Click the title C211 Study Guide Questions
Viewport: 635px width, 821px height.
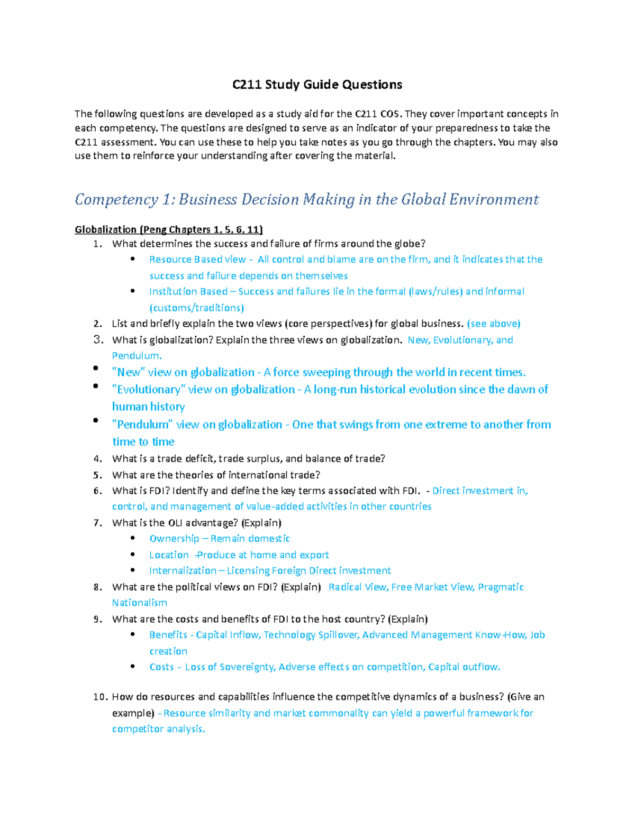pyautogui.click(x=317, y=85)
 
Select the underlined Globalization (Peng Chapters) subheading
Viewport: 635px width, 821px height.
pyautogui.click(x=169, y=229)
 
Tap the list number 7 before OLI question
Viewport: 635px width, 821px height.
pyautogui.click(x=97, y=523)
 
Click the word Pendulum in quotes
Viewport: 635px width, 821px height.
pyautogui.click(x=142, y=425)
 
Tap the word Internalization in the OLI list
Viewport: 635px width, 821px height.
pyautogui.click(x=183, y=570)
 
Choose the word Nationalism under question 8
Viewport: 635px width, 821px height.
pyautogui.click(x=139, y=603)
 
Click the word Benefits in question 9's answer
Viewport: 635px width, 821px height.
pyautogui.click(x=168, y=635)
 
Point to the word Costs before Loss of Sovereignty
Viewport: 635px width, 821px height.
pyautogui.click(x=161, y=667)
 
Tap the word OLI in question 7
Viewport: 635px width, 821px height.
pyautogui.click(x=175, y=523)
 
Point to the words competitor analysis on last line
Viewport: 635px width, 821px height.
pyautogui.click(x=158, y=729)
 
